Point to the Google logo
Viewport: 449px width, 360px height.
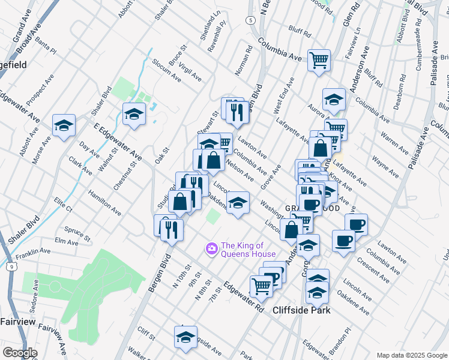(x=19, y=353)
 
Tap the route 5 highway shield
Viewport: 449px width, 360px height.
(x=249, y=20)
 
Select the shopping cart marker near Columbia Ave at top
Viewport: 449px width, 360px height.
(x=319, y=60)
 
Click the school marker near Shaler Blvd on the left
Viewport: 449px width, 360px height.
(x=64, y=125)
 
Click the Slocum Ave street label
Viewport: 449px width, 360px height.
(x=166, y=70)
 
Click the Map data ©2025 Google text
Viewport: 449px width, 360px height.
(x=411, y=355)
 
